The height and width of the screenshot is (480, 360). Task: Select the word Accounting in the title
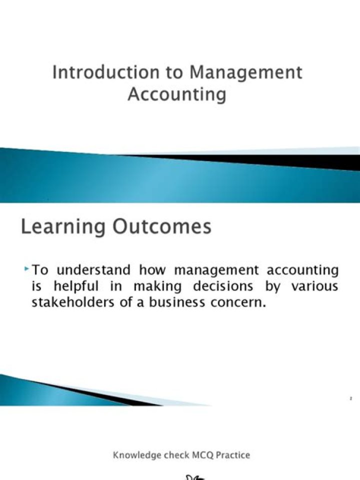pyautogui.click(x=176, y=94)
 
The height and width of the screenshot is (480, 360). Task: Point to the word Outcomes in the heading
pyautogui.click(x=161, y=227)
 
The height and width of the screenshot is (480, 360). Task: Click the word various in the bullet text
pyautogui.click(x=315, y=287)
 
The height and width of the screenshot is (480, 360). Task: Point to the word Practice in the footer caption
pyautogui.click(x=229, y=455)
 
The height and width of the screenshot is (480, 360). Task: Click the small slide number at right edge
pyautogui.click(x=351, y=398)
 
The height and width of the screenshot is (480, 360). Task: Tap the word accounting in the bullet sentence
pyautogui.click(x=302, y=270)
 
